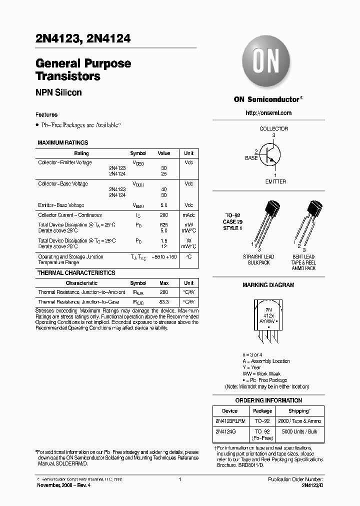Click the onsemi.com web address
tap(268, 113)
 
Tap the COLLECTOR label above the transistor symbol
tap(273, 129)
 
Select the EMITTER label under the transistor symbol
tap(275, 181)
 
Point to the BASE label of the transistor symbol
tap(251, 158)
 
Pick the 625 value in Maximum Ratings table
tap(164, 225)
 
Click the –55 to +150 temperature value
tap(164, 257)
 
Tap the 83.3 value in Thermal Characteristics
tap(164, 302)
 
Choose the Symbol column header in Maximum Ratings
tap(138, 153)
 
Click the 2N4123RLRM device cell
tap(230, 421)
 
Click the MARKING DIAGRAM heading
tap(268, 285)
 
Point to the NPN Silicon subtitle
tap(58, 92)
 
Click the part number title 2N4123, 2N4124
tap(83, 38)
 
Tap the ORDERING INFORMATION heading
tap(268, 400)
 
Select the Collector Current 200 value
tap(164, 215)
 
